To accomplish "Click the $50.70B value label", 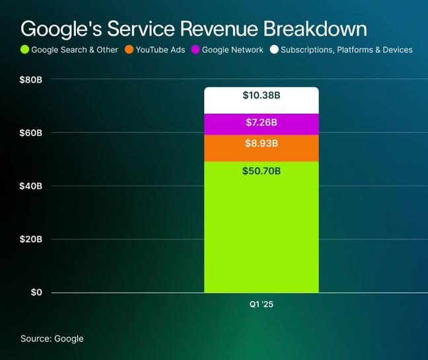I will click(x=262, y=171).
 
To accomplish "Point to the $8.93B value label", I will click(x=262, y=143).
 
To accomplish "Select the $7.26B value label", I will click(x=262, y=123).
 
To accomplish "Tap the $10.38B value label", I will click(x=262, y=96).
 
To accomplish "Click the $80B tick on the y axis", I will click(x=31, y=80).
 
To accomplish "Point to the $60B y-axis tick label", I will click(x=31, y=133).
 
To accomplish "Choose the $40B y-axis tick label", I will click(x=31, y=186).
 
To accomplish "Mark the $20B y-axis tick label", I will click(x=31, y=239).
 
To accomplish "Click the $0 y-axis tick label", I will click(x=36, y=293).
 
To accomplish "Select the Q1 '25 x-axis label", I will click(x=262, y=305).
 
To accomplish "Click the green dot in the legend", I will click(x=25, y=50).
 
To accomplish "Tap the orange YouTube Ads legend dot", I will click(x=128, y=50).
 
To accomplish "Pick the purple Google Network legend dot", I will click(x=195, y=50).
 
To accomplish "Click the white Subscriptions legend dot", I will click(x=273, y=50).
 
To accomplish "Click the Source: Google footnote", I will click(x=52, y=338).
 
